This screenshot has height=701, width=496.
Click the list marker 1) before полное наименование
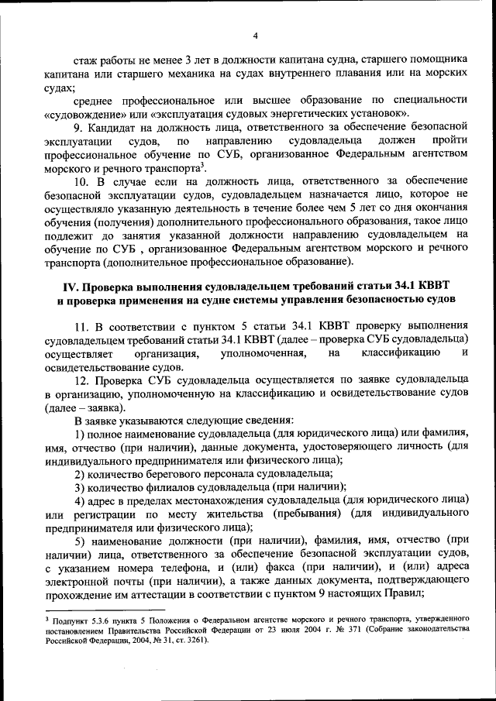81,433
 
